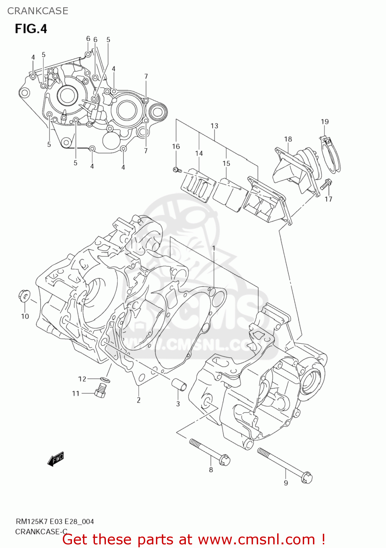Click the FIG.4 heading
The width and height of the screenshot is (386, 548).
pyautogui.click(x=31, y=28)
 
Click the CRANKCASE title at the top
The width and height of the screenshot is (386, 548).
pyautogui.click(x=38, y=11)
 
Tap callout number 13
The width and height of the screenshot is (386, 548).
pyautogui.click(x=214, y=126)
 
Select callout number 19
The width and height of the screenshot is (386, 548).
pyautogui.click(x=325, y=122)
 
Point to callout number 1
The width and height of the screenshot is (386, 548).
pyautogui.click(x=214, y=248)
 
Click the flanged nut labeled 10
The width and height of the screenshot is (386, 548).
pyautogui.click(x=24, y=296)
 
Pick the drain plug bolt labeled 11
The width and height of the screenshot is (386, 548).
pyautogui.click(x=100, y=392)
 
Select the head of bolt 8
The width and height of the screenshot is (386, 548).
pyautogui.click(x=225, y=460)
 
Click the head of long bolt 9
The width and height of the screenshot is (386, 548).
pyautogui.click(x=307, y=477)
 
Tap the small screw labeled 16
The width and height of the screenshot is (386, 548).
pyautogui.click(x=177, y=170)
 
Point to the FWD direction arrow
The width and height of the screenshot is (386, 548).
pyautogui.click(x=56, y=459)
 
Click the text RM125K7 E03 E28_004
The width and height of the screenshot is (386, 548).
pyautogui.click(x=54, y=521)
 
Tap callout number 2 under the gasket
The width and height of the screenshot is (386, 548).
pyautogui.click(x=139, y=400)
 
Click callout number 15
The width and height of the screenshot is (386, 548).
pyautogui.click(x=226, y=163)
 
